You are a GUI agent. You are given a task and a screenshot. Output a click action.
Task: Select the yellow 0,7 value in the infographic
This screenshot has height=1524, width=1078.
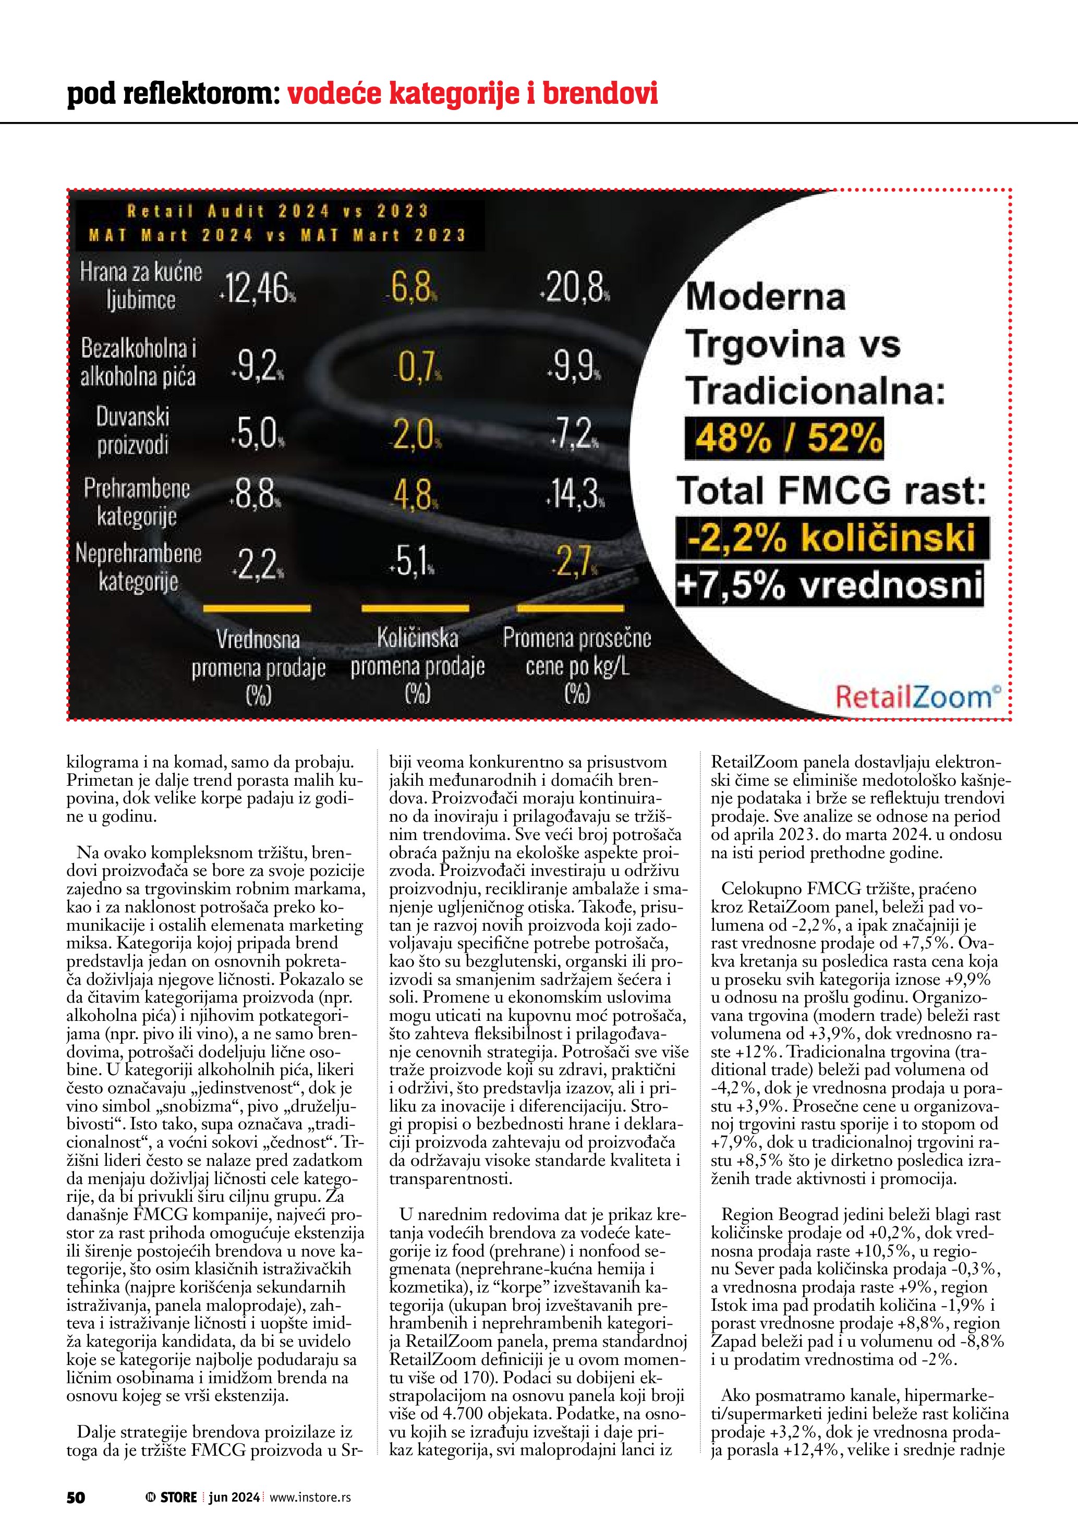416,367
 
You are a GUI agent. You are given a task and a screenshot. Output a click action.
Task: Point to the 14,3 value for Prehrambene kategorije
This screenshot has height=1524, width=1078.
575,494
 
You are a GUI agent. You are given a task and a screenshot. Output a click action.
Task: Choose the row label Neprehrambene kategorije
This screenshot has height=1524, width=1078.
138,567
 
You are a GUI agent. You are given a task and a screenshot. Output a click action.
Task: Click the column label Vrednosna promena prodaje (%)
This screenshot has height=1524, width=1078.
258,667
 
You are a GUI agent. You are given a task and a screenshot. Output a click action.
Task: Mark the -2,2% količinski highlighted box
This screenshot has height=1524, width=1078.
832,538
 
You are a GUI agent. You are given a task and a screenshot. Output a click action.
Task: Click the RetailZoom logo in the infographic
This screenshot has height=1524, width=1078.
918,697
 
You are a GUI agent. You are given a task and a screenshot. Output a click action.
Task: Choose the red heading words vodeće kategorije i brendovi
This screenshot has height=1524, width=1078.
472,94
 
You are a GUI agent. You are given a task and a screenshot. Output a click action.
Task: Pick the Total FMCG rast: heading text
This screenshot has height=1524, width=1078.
832,491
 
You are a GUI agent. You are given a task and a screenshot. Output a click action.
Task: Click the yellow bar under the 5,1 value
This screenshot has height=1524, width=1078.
415,608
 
